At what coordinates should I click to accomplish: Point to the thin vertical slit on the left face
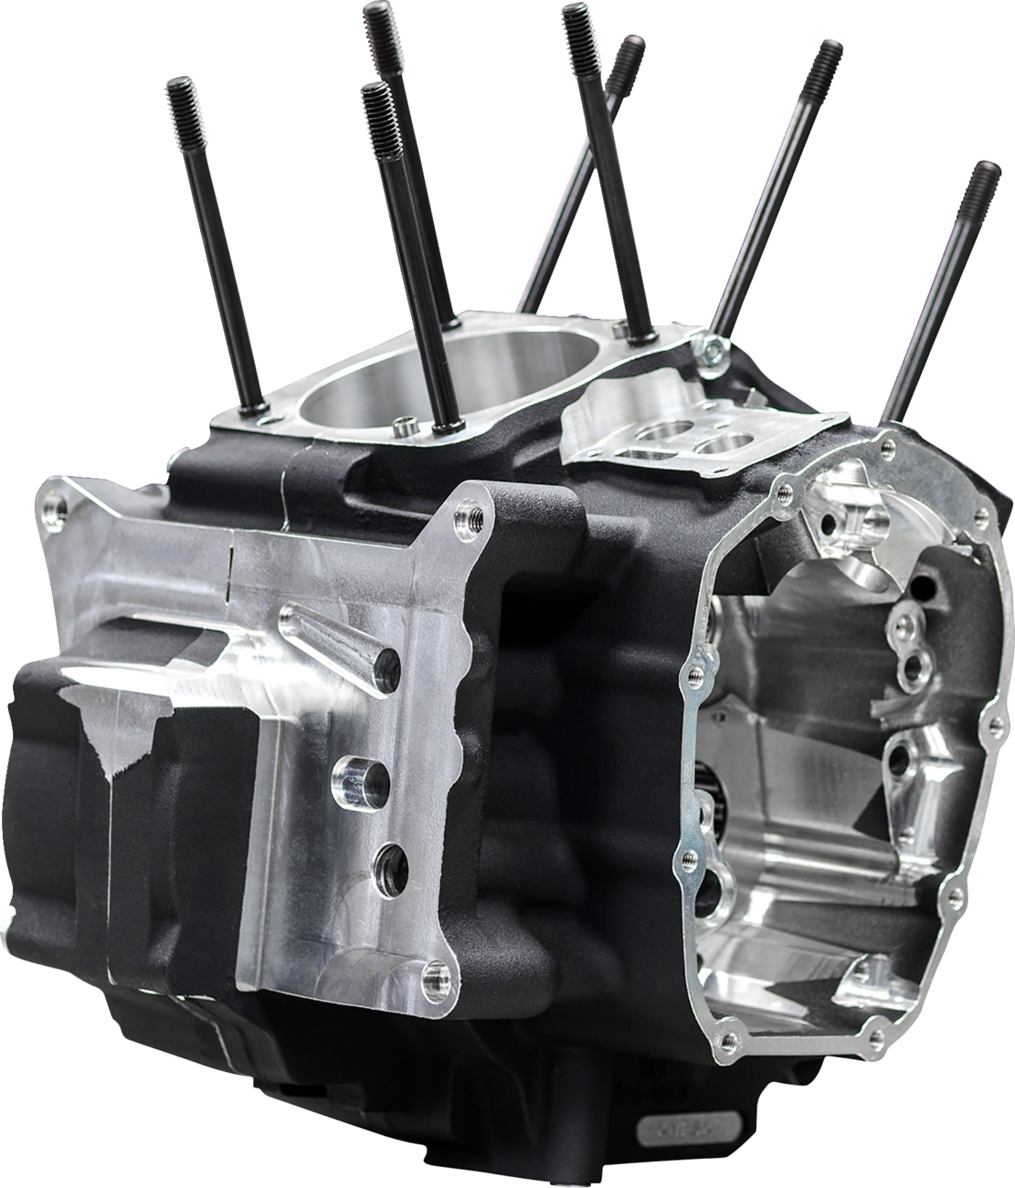coord(232,558)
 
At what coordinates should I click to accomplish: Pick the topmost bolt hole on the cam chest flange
coord(884,445)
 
